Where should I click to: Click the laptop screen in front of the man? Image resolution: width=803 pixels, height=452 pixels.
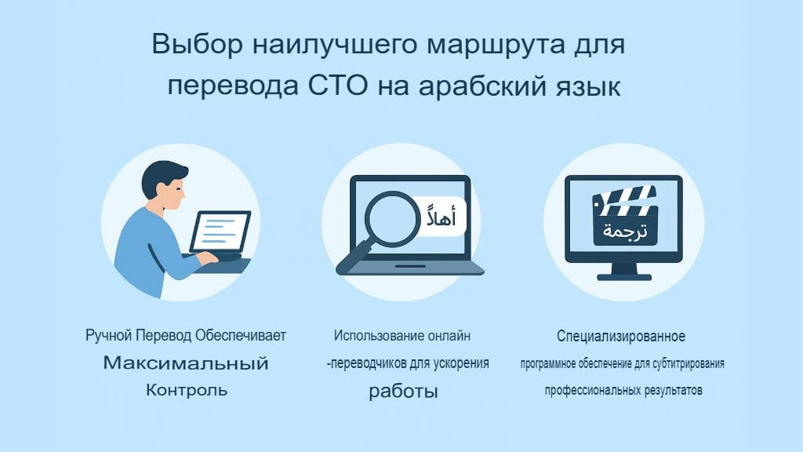tap(220, 231)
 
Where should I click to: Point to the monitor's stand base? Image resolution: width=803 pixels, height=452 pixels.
tap(624, 276)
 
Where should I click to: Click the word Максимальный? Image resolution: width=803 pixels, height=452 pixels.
tap(186, 364)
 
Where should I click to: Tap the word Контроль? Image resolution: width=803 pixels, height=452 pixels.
tap(186, 390)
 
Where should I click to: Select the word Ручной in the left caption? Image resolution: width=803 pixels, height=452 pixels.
tap(108, 337)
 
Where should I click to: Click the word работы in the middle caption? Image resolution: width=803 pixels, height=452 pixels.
tap(403, 391)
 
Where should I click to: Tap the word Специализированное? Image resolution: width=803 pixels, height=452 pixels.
tap(621, 337)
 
